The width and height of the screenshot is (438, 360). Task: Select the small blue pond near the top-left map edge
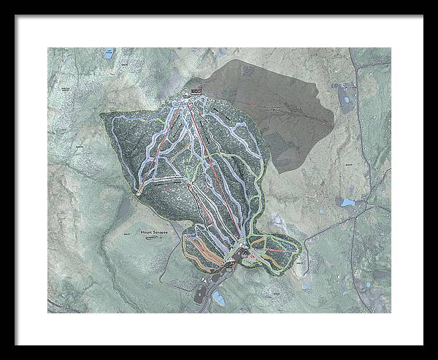point(109,54)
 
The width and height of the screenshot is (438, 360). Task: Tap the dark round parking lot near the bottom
point(201,294)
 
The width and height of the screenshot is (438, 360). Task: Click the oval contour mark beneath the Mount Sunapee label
point(152,237)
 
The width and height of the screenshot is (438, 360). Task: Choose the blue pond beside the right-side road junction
point(348,202)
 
